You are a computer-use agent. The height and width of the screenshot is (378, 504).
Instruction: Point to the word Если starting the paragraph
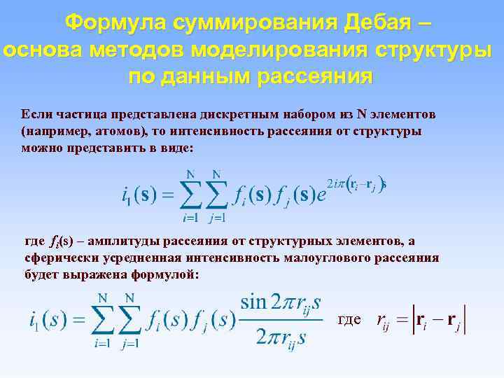(35, 113)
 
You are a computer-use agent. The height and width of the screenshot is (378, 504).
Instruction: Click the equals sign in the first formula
(167, 195)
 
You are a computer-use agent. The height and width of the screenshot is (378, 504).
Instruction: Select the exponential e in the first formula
(321, 195)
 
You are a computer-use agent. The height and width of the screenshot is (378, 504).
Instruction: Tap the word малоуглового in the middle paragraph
(330, 258)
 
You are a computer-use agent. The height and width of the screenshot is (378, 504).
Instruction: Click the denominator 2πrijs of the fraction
(281, 338)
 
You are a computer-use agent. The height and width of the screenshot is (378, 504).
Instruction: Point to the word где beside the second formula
(349, 320)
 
